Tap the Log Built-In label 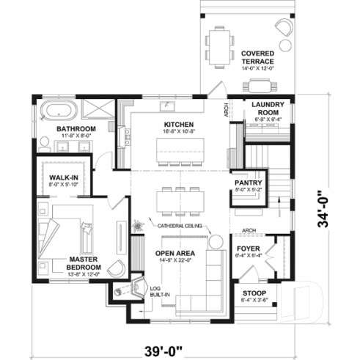(159, 292)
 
